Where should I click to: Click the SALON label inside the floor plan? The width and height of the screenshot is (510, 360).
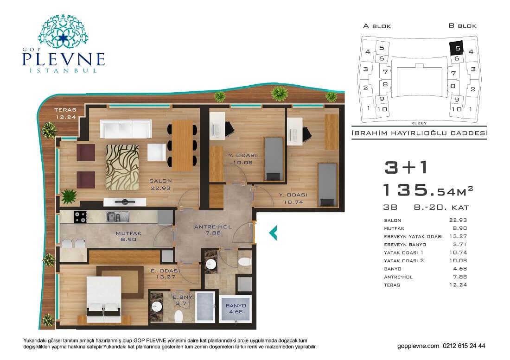(160, 181)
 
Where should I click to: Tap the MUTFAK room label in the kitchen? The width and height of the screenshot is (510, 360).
(128, 233)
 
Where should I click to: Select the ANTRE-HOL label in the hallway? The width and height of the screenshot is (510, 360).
(213, 227)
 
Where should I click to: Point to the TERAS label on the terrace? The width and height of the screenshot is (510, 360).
(65, 110)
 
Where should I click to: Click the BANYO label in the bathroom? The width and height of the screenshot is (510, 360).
(236, 306)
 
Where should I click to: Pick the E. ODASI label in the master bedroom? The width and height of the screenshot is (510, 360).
(165, 270)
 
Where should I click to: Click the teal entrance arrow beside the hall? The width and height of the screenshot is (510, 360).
(273, 233)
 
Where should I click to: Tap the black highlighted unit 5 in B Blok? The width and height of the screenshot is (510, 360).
(457, 48)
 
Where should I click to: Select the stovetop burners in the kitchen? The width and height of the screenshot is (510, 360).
(80, 217)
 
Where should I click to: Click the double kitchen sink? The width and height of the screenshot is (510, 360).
(118, 217)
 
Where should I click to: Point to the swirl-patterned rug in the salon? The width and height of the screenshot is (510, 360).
(122, 167)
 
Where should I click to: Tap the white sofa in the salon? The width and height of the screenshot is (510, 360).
(126, 129)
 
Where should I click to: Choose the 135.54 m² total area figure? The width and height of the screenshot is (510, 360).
(428, 190)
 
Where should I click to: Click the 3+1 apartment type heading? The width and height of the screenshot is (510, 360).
(406, 167)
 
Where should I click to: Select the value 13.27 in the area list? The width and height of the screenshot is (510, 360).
(458, 236)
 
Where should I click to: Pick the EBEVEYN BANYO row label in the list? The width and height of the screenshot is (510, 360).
(405, 244)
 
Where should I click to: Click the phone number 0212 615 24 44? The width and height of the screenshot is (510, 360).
(464, 346)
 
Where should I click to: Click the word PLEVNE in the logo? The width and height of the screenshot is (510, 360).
(64, 59)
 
